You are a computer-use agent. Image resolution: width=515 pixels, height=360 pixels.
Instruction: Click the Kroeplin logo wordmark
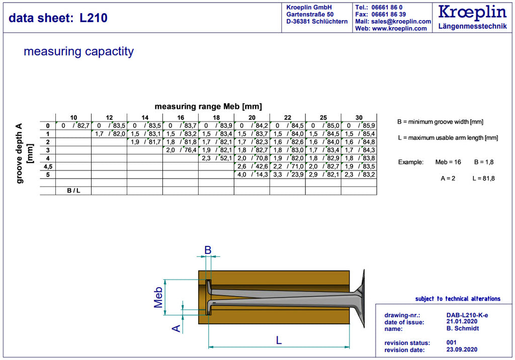(472, 13)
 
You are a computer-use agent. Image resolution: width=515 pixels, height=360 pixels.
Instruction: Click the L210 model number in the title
(94, 18)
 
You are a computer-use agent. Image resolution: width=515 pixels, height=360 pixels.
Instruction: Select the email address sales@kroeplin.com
(401, 21)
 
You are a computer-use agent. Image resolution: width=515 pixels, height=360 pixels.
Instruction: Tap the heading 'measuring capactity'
(79, 52)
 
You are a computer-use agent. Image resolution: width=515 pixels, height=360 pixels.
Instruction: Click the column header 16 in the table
(181, 117)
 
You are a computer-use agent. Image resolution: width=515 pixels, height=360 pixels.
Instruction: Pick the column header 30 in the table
(359, 117)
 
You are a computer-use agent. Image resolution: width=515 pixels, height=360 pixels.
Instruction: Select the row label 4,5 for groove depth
(48, 166)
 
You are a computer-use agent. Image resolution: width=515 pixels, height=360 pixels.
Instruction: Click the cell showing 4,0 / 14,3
(252, 174)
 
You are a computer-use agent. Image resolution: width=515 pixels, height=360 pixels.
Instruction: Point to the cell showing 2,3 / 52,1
(216, 158)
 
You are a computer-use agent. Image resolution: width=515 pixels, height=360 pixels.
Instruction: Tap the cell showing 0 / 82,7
(73, 126)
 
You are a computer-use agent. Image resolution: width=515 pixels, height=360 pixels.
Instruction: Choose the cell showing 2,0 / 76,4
(181, 150)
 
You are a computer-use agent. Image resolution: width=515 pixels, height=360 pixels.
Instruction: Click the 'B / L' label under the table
(73, 191)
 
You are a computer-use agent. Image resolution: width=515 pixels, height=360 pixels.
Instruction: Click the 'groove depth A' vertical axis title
(20, 153)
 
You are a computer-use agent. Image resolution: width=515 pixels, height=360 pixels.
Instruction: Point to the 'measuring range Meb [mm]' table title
(208, 107)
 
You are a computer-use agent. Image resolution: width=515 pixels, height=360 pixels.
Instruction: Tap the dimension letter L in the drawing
(279, 340)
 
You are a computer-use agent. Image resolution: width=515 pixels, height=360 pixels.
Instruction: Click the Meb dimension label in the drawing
(158, 297)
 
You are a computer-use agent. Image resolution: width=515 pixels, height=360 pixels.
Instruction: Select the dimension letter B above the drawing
(208, 250)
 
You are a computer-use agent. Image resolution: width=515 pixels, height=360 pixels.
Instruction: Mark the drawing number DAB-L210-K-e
(467, 315)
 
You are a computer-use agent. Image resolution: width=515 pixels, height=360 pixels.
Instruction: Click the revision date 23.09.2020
(462, 349)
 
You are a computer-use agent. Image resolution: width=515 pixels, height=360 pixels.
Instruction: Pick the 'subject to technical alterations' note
(458, 299)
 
